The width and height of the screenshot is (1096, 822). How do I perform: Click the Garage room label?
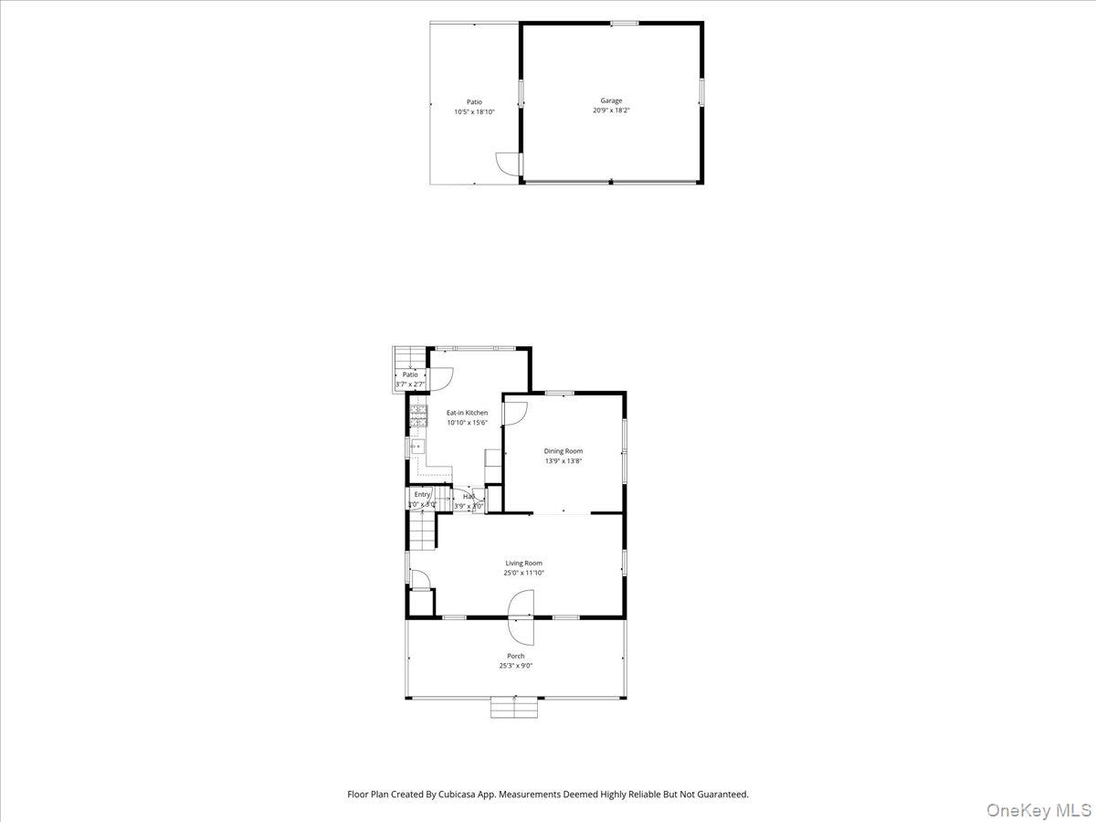(x=611, y=100)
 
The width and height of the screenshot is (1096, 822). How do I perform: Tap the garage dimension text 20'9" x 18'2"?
(x=611, y=111)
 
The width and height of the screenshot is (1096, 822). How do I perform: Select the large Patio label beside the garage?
(x=474, y=102)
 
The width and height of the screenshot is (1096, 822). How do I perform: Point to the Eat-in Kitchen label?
(x=467, y=413)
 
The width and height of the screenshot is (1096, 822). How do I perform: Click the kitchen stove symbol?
(x=418, y=416)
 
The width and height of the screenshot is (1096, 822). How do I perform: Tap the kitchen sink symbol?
(x=418, y=447)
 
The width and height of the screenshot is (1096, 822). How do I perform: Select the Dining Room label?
(x=563, y=451)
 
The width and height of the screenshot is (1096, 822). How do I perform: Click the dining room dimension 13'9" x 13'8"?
(x=563, y=461)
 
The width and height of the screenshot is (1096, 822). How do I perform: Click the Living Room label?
(x=524, y=564)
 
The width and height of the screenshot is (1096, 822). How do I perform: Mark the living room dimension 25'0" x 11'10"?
(x=524, y=574)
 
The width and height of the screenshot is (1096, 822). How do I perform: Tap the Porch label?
(x=516, y=656)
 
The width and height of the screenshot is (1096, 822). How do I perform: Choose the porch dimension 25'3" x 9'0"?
(x=516, y=666)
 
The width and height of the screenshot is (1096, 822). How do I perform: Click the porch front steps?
(x=515, y=707)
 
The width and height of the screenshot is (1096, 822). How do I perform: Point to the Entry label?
(x=422, y=494)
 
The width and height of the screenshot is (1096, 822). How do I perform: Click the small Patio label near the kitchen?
(x=410, y=374)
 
